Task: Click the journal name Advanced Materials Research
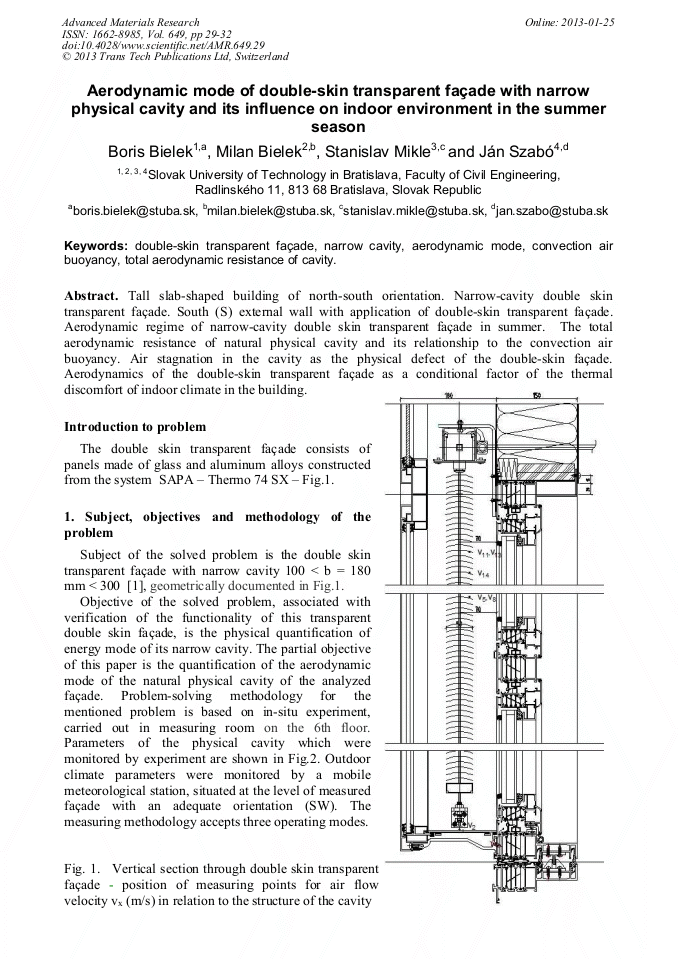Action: [130, 21]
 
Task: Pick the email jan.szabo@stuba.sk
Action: [557, 210]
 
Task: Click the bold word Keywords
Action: [95, 245]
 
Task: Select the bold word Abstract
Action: [92, 297]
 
